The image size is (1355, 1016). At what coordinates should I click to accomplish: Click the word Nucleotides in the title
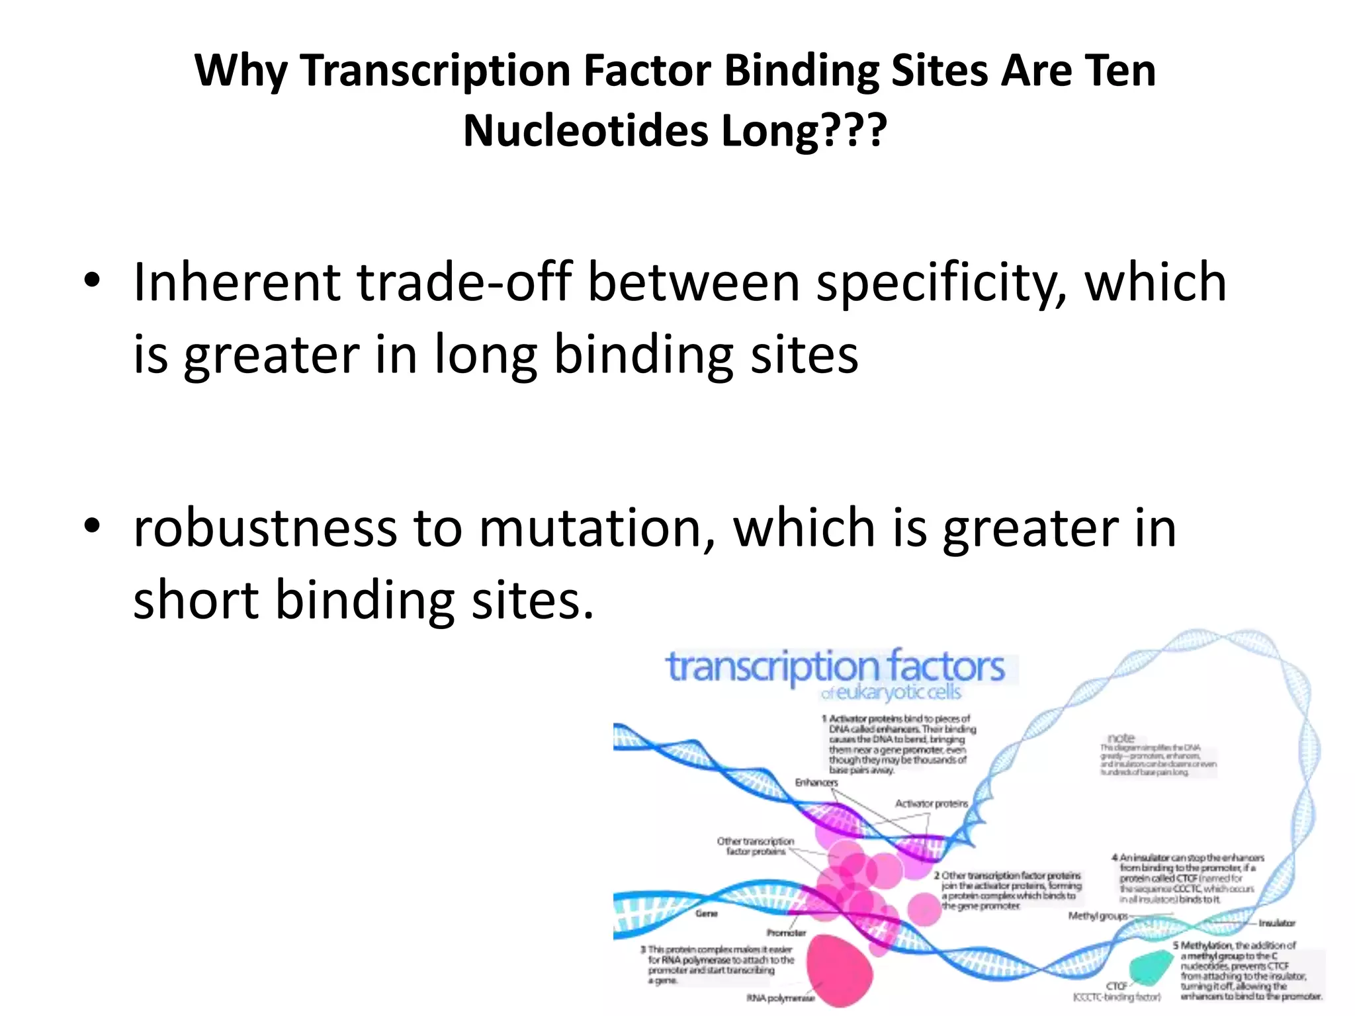pos(586,131)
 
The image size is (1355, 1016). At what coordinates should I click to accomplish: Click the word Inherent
pos(236,282)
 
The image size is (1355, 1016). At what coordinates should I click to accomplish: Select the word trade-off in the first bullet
pos(464,282)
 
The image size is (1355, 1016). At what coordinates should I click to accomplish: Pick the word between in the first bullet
pos(693,282)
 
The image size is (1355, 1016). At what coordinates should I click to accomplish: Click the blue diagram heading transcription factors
pos(835,667)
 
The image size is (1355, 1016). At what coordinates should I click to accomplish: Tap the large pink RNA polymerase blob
pos(839,967)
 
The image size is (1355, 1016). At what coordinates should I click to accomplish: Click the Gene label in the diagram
pos(707,913)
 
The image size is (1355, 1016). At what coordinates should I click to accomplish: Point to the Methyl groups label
pos(1098,916)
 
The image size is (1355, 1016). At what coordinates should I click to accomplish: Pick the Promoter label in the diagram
pos(786,933)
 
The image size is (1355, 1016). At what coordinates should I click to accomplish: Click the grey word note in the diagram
pos(1121,738)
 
